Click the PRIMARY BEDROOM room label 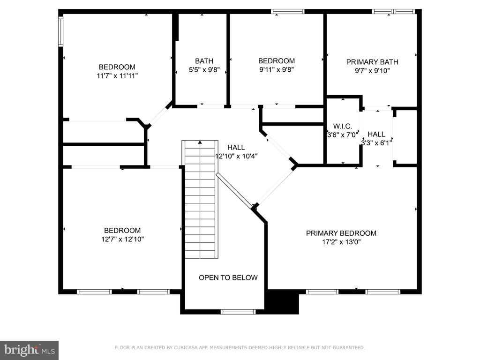pos(341,233)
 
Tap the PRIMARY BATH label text pos(372,62)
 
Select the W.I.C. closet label pos(343,126)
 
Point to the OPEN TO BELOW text pos(228,277)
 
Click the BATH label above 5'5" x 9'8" pos(204,61)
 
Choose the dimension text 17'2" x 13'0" pos(341,242)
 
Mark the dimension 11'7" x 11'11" pos(117,75)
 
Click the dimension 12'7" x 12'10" pos(122,239)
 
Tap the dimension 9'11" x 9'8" pos(277,69)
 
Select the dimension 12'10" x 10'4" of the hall pos(236,156)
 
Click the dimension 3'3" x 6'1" pos(376,143)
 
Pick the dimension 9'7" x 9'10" pos(372,71)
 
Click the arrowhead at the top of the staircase pos(200,142)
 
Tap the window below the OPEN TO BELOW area pos(238,312)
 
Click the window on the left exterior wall pos(60,31)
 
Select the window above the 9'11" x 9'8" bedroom pos(287,12)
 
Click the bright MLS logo pos(30,350)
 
